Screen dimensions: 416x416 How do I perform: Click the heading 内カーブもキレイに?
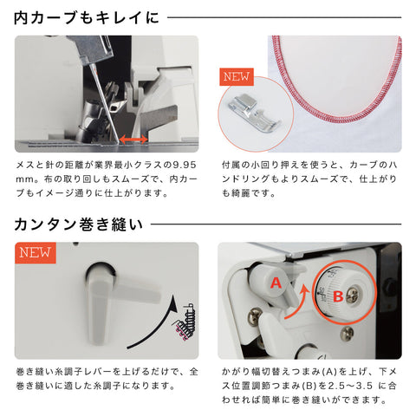[x=87, y=17]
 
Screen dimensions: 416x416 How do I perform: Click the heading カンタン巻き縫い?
[x=79, y=224]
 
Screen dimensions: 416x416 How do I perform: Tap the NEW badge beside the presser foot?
[x=237, y=77]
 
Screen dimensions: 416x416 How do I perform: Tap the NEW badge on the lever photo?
[x=36, y=253]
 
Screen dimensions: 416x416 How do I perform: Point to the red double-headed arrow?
[x=133, y=140]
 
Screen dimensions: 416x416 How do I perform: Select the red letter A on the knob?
[x=276, y=283]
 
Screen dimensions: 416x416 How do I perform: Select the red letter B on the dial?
[x=338, y=296]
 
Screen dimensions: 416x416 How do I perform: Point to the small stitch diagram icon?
[x=184, y=322]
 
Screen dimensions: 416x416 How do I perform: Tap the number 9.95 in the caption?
[x=185, y=166]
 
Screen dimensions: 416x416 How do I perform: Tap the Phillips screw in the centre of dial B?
[x=354, y=296]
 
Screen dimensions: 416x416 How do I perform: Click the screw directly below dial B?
[x=347, y=334]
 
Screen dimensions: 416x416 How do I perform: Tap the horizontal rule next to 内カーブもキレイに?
[x=284, y=17]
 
